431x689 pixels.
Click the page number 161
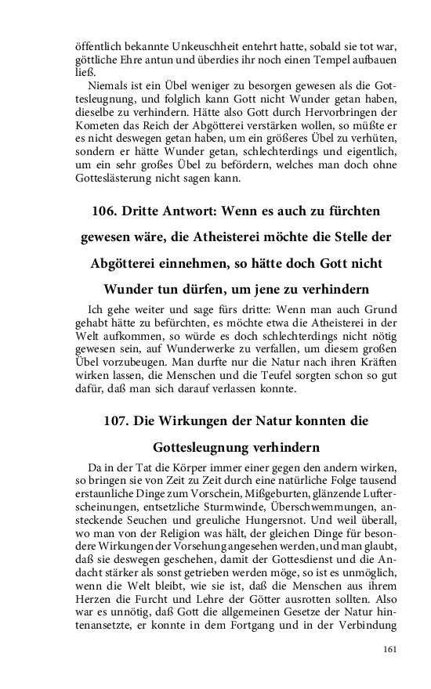click(391, 649)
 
